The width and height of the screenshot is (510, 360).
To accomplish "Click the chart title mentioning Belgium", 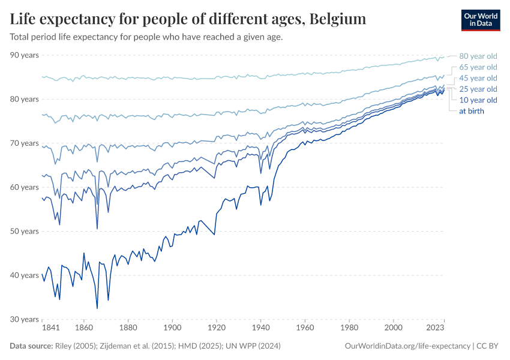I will click(188, 19).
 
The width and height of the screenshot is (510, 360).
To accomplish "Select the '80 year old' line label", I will click(478, 56).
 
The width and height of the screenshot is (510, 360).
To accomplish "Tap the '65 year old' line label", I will click(478, 67).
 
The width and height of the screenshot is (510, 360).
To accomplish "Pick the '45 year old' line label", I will click(478, 78).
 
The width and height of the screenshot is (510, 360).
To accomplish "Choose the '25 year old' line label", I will click(478, 89).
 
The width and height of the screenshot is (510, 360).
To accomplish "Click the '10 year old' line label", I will click(478, 100).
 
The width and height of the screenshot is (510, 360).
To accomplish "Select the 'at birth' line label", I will click(471, 111).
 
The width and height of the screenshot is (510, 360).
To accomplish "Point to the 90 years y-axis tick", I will click(25, 55).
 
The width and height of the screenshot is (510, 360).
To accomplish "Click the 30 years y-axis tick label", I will click(25, 319).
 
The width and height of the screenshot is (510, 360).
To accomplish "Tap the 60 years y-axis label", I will click(25, 187).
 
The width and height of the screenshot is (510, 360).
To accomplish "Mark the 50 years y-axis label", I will click(25, 231).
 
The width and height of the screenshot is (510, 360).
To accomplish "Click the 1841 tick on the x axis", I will click(50, 328).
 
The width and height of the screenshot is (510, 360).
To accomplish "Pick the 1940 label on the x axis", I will click(260, 328).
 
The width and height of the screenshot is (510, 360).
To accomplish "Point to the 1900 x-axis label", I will click(173, 328).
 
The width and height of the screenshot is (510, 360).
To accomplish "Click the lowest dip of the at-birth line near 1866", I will click(97, 308).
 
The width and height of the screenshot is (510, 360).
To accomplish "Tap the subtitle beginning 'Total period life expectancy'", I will click(146, 37).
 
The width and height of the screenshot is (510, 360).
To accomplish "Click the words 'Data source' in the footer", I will click(31, 346).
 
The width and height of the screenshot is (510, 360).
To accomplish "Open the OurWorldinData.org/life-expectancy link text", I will click(408, 346).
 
